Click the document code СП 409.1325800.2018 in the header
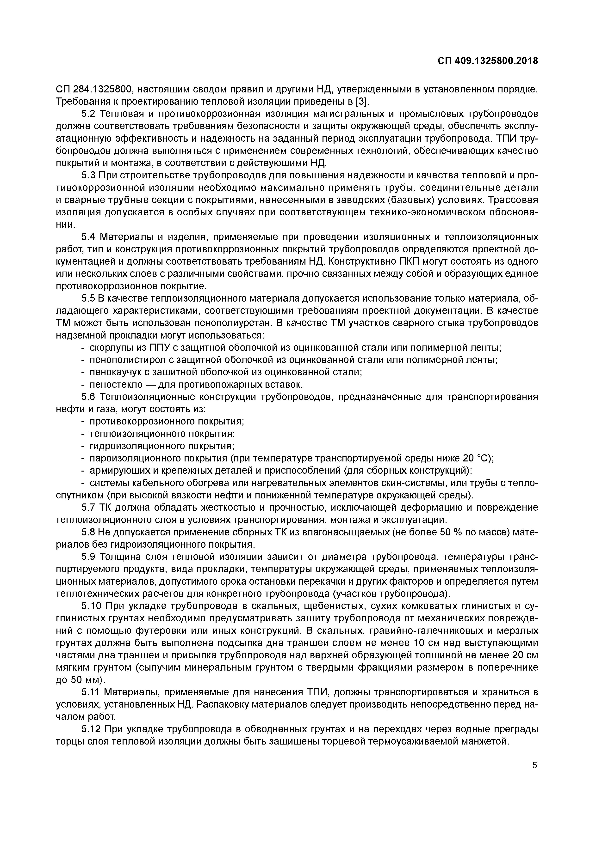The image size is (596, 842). coord(488,61)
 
